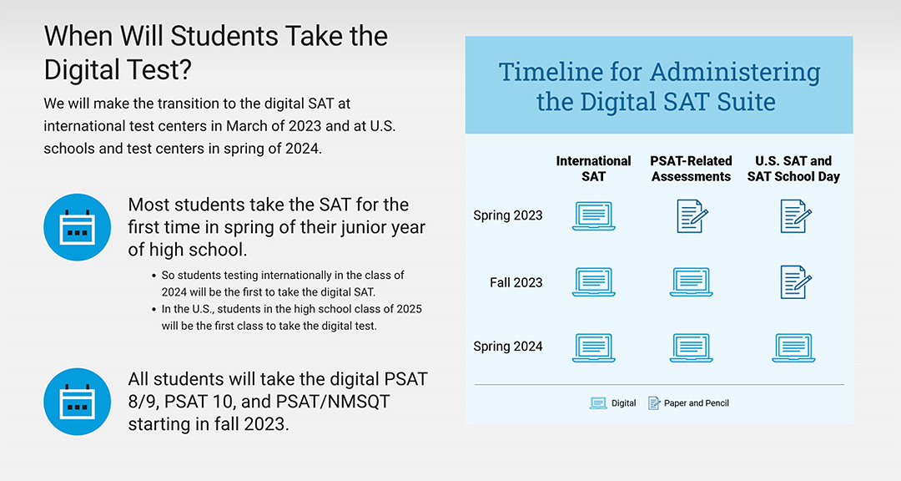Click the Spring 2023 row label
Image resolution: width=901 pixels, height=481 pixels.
507,215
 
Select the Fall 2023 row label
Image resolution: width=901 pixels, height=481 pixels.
516,282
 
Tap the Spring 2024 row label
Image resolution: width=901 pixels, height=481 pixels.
507,347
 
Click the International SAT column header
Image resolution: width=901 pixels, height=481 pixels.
593,169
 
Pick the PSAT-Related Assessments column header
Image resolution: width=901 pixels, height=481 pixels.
691,169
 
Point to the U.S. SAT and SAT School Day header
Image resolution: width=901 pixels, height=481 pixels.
793,169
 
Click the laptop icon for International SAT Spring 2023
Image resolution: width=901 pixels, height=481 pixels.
593,216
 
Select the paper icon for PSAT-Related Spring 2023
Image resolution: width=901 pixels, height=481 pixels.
692,216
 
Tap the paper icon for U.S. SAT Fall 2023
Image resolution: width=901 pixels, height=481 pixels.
795,282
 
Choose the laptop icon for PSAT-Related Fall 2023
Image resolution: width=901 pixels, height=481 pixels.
691,282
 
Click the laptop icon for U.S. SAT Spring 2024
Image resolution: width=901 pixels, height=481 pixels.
793,347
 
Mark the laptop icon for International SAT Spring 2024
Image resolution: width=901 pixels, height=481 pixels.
593,347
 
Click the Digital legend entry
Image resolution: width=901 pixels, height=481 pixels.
613,403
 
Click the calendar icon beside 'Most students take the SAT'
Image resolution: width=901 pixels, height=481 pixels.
78,227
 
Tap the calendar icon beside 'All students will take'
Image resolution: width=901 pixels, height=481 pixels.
78,401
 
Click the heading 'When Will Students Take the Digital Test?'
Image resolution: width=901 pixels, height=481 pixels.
215,52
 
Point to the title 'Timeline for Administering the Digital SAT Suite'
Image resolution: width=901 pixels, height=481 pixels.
658,86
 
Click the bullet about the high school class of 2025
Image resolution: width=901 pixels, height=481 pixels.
291,317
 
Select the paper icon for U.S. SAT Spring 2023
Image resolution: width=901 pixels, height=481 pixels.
795,216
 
